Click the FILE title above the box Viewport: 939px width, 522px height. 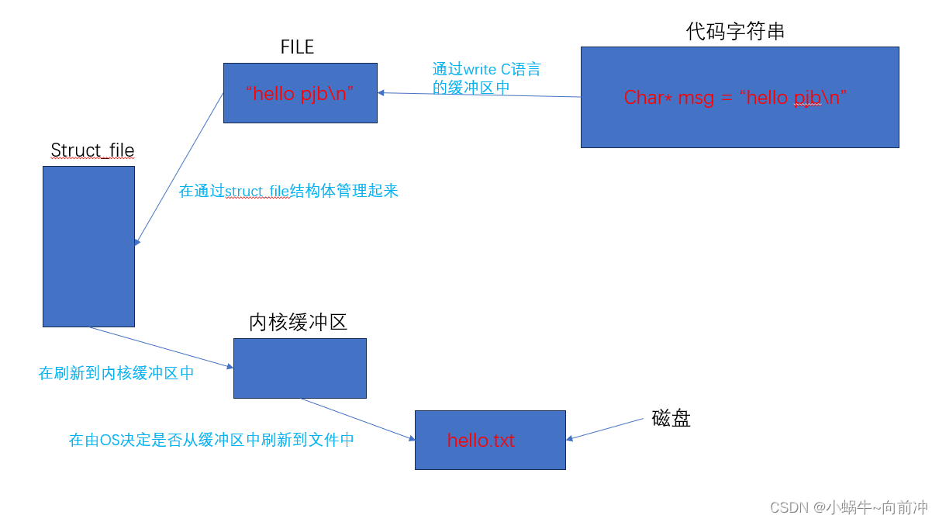297,47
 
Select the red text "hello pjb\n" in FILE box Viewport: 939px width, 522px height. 299,94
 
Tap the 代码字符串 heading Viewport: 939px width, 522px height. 735,31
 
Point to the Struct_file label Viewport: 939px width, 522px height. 92,150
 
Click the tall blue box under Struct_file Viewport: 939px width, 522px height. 88,246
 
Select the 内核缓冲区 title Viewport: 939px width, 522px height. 298,323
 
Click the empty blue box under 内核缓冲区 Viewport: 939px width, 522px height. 299,368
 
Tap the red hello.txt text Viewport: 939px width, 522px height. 481,441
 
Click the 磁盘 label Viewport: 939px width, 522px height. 671,419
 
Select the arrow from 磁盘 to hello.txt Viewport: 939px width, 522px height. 605,429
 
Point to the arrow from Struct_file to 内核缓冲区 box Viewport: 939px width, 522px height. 161,347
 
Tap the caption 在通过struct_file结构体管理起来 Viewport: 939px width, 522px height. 288,191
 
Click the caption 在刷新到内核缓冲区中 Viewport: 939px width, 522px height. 116,373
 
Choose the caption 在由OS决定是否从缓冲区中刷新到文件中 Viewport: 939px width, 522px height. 212,440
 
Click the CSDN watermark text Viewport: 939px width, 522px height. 848,507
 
